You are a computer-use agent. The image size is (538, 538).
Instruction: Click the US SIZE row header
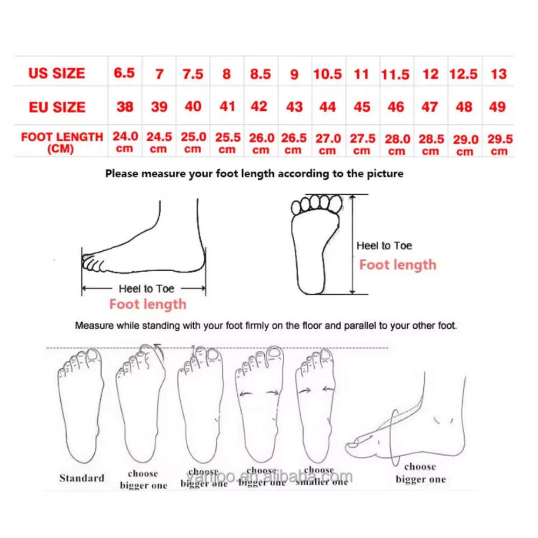point(56,73)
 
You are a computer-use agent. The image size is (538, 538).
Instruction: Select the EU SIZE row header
point(56,107)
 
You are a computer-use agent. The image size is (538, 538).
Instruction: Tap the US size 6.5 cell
point(124,73)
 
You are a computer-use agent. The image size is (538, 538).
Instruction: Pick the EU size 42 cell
point(259,107)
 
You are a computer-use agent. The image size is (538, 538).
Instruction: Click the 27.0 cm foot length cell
point(328,144)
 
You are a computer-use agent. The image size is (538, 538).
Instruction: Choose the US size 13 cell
point(499,73)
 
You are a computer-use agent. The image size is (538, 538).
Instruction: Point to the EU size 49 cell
point(498,107)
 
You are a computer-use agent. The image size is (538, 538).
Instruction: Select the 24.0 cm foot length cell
point(125,142)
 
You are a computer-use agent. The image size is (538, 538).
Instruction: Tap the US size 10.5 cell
point(328,74)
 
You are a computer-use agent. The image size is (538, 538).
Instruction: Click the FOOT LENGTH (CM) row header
point(61,142)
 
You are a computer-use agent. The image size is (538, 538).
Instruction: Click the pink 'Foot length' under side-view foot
point(147,305)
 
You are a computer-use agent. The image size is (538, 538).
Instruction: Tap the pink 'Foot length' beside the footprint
point(398,265)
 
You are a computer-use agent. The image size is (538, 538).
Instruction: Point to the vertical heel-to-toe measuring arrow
point(353,245)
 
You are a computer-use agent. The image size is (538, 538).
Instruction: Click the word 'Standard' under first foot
point(82,478)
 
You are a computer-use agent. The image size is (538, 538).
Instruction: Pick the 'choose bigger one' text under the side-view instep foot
point(420,473)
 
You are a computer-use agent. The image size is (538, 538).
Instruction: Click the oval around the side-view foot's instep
point(396,436)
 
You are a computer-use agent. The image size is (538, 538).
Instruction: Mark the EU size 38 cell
point(125,107)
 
